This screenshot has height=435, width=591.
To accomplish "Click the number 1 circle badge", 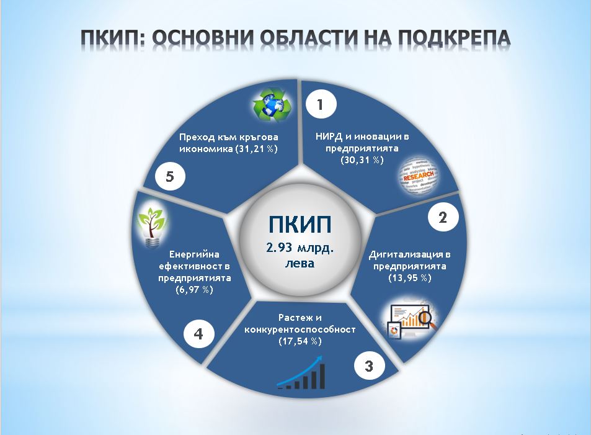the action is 321,104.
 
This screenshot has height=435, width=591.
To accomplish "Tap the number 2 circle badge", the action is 443,217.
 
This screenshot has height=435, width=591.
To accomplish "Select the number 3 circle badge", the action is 370,365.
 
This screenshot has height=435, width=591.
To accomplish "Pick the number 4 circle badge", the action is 198,333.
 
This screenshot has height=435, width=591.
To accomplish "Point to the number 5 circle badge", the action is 170,176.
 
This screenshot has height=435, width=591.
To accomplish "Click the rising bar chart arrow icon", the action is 301,372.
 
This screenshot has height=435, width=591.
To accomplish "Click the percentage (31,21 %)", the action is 256,149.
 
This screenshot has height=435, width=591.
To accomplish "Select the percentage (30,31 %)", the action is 362,160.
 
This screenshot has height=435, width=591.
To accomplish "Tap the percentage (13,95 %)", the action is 410,278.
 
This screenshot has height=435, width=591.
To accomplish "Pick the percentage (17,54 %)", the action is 300,341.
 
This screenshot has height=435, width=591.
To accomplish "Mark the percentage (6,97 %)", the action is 194,290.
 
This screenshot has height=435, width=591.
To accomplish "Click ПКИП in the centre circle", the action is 300,225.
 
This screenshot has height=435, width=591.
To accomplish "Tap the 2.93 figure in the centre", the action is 279,248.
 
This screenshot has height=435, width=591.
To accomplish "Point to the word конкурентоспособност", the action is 300,330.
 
